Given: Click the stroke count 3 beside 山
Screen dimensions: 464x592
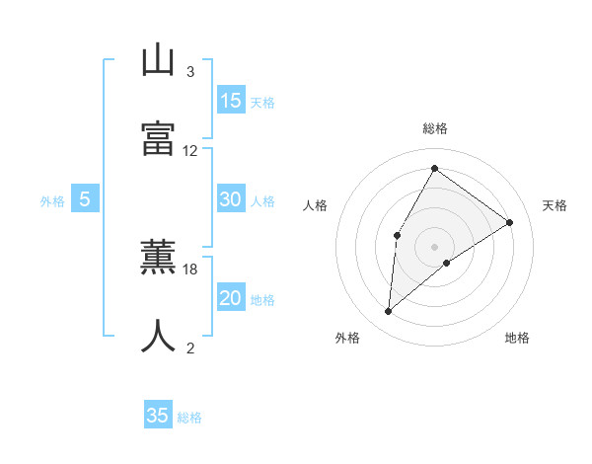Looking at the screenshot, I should (190, 72).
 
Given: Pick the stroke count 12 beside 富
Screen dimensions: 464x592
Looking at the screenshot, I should (190, 151).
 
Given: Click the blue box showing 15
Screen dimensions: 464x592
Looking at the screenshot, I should (231, 101).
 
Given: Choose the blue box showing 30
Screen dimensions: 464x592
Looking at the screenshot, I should (231, 199).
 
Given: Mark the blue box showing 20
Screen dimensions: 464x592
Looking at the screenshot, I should (231, 298).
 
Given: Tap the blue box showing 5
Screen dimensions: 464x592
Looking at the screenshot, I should (85, 199).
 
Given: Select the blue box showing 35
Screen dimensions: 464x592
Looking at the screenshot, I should (158, 416).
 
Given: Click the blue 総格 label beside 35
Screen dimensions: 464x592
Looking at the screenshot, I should (189, 418).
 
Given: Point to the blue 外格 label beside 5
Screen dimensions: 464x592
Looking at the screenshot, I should (52, 201).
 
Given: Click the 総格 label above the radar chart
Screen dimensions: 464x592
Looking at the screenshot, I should (434, 128).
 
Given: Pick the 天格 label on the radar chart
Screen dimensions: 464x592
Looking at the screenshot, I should (555, 205).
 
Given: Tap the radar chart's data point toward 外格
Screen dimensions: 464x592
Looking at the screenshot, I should (389, 312).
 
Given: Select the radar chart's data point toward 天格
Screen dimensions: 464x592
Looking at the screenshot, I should (509, 222).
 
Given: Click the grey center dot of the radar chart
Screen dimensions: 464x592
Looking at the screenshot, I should (434, 246).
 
